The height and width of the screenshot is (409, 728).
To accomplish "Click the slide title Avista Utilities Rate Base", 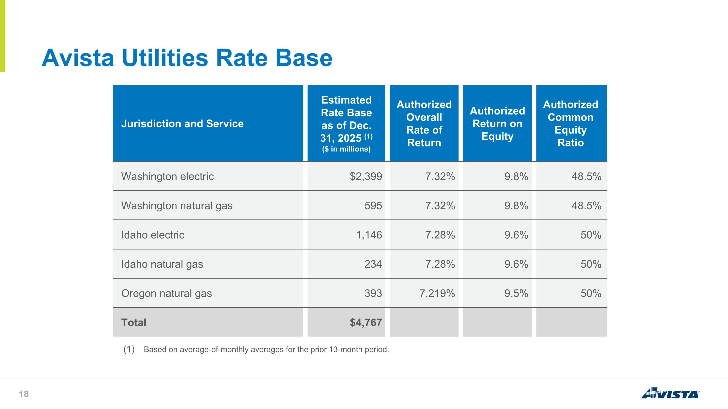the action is (x=187, y=58).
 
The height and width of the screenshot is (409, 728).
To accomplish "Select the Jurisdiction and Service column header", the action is (x=182, y=124).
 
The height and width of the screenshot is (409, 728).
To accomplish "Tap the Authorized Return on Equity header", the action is (x=497, y=124).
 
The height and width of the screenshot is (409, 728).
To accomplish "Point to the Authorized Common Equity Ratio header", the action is (x=571, y=124).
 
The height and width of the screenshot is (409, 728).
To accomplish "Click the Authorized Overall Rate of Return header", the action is (x=424, y=124).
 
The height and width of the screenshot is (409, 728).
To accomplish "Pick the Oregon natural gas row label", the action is (x=166, y=294).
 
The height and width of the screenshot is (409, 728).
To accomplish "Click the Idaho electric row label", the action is (x=153, y=235).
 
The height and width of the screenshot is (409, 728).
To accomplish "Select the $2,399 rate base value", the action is (x=366, y=176).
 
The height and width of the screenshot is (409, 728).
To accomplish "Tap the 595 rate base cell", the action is (x=373, y=206).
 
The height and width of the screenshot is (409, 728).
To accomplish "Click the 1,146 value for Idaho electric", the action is (x=369, y=235).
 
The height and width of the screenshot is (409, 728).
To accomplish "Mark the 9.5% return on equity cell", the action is (x=516, y=294).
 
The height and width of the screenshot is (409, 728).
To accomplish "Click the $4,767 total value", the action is (x=366, y=323).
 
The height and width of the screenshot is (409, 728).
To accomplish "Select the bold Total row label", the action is (x=134, y=323).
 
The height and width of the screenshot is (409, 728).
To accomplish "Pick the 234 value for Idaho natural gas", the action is (x=373, y=264).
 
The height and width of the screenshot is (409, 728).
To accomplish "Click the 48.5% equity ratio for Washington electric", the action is (x=587, y=176).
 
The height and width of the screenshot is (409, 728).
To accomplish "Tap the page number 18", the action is (x=24, y=394).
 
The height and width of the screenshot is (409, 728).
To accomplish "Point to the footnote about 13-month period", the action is (x=256, y=349).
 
